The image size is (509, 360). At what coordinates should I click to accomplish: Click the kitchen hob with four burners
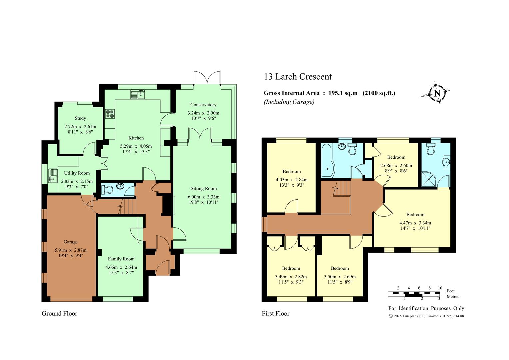click(110, 114)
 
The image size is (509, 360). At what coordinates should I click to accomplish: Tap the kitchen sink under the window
click(138, 94)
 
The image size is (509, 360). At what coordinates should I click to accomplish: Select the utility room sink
click(53, 176)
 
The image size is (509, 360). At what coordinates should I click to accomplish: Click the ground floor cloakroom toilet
click(107, 189)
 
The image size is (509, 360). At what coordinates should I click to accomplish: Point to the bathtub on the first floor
click(327, 161)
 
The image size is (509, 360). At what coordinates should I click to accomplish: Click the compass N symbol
click(437, 93)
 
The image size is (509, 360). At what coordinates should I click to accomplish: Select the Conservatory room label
click(203, 105)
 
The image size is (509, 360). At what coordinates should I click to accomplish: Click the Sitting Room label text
click(204, 189)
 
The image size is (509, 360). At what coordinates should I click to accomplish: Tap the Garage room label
click(70, 242)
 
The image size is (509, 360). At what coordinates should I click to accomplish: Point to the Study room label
click(80, 118)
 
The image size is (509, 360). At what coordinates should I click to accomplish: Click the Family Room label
click(121, 259)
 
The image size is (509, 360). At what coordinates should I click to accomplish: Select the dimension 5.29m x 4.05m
click(136, 146)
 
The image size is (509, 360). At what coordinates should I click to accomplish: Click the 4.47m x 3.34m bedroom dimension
click(415, 223)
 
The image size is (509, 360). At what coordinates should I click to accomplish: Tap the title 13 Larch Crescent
click(298, 77)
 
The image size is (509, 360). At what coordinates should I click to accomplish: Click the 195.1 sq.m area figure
click(343, 93)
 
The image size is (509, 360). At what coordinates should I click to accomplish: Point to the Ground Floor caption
click(59, 313)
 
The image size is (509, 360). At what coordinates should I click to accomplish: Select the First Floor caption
click(275, 313)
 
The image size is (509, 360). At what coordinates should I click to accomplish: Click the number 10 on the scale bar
click(440, 288)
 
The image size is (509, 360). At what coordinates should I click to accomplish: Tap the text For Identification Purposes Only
click(427, 308)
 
